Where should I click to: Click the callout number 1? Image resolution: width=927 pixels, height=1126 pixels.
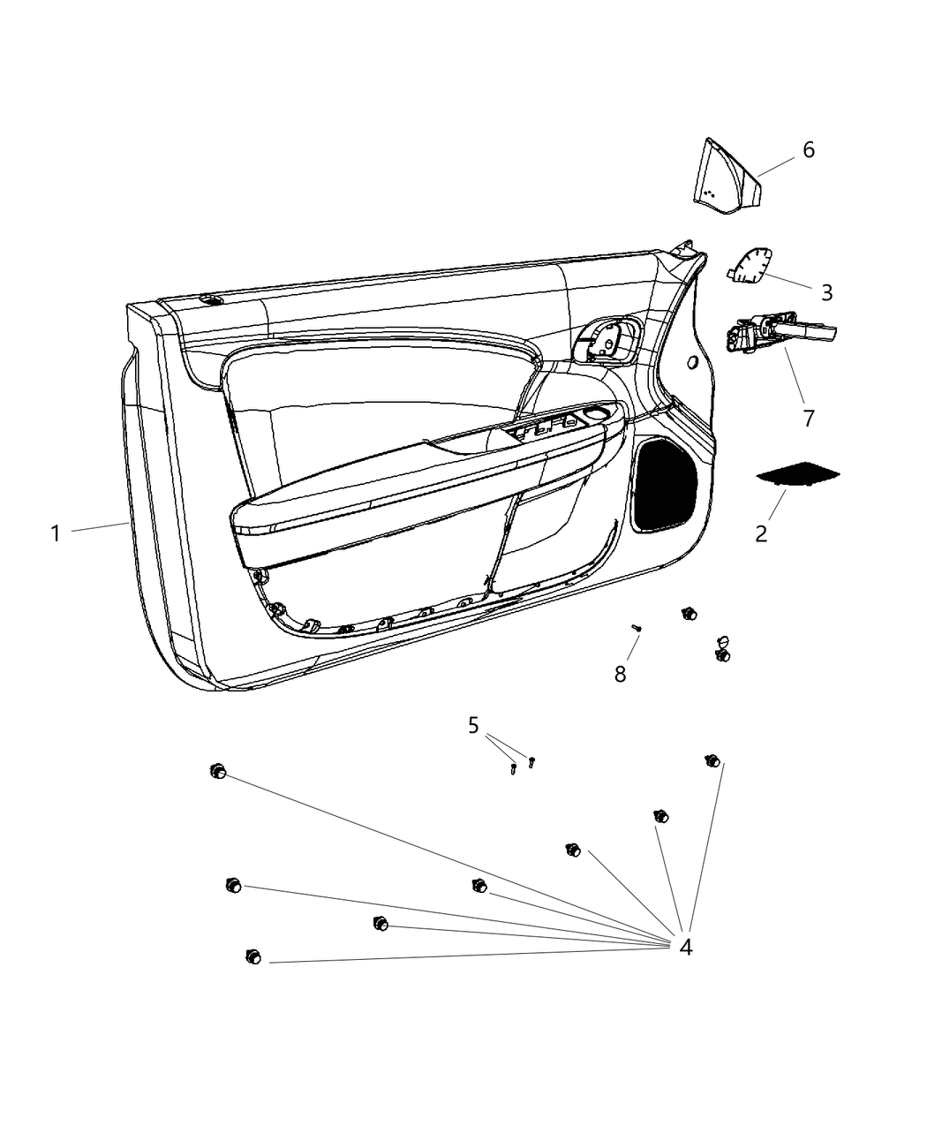(56, 533)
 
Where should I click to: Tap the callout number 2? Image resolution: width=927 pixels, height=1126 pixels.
(761, 533)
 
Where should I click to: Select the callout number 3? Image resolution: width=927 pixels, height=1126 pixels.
(826, 291)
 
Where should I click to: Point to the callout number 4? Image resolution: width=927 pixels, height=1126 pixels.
(686, 947)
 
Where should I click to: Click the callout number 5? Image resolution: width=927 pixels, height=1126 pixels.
(474, 726)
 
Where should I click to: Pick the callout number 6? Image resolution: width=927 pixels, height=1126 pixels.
(808, 150)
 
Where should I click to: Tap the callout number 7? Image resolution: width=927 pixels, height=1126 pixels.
(809, 418)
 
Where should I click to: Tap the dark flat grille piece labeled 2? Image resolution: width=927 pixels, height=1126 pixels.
(798, 473)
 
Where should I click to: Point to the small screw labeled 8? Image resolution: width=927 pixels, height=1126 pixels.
(637, 628)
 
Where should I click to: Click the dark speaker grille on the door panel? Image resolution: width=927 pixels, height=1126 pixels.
(666, 485)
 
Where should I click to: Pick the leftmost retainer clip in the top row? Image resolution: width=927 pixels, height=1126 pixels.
(217, 772)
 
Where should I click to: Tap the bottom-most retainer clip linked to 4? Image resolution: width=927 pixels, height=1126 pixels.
(252, 956)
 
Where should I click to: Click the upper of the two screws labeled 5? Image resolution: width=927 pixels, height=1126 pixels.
(531, 761)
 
